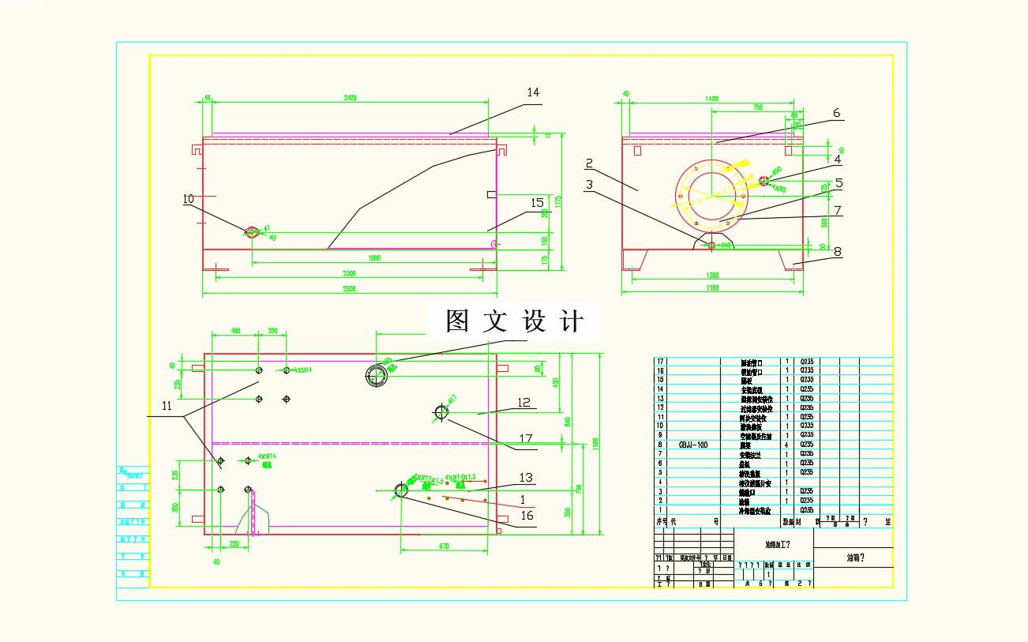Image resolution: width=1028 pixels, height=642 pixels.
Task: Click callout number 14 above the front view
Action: tap(533, 92)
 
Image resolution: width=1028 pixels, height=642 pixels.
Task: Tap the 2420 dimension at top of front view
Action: tap(350, 98)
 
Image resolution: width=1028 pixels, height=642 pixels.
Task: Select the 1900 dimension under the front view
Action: tap(373, 258)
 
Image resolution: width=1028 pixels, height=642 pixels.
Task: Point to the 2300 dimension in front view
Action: tap(349, 273)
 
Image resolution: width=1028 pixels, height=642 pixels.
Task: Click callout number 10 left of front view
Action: tap(188, 199)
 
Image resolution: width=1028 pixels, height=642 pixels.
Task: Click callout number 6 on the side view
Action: tap(836, 113)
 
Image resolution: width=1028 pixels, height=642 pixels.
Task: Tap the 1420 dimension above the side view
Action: tap(711, 99)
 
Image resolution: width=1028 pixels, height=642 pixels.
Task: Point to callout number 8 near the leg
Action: tap(837, 253)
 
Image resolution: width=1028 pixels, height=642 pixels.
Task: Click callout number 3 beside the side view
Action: tap(589, 184)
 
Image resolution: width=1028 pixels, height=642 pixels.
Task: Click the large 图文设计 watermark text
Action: tap(514, 321)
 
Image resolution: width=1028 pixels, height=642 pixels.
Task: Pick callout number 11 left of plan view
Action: tap(167, 406)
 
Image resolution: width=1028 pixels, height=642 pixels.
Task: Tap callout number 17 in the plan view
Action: tap(526, 438)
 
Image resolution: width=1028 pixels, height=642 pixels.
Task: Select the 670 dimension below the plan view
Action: tap(445, 546)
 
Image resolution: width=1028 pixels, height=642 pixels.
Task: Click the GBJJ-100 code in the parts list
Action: tap(693, 445)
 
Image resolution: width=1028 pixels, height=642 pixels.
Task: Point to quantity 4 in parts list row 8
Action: tap(787, 445)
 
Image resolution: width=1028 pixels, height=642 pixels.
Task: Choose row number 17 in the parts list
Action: tap(661, 362)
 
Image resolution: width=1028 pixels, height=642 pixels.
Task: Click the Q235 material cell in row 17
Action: tap(806, 362)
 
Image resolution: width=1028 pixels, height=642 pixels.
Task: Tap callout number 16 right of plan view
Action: tap(527, 516)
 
